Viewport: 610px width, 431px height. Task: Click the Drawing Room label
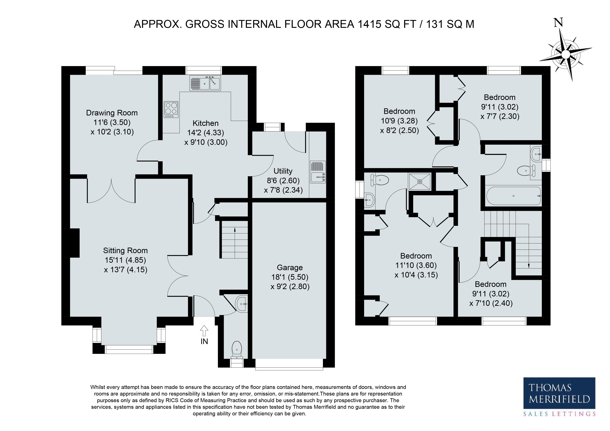point(112,113)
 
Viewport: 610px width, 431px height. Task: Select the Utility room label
point(283,171)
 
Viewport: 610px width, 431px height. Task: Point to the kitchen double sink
point(205,83)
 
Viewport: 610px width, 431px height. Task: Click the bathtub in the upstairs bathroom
point(513,196)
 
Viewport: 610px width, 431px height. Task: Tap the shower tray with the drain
point(420,182)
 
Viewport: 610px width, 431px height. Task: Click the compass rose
point(566,55)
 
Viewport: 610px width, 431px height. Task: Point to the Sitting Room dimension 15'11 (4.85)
point(125,260)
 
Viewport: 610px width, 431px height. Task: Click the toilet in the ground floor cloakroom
point(236,350)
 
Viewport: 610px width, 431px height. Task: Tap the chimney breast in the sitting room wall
point(74,243)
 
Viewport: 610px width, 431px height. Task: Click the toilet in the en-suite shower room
point(379,180)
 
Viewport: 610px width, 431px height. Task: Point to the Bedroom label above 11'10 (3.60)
point(416,256)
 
